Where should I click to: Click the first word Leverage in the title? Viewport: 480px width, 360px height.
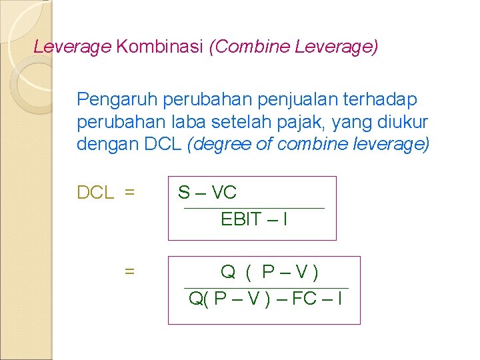[72, 47]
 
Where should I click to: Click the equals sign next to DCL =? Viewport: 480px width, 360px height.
[129, 193]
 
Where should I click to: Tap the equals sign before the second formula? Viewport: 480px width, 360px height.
[129, 271]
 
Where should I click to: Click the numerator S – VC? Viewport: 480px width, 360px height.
[207, 193]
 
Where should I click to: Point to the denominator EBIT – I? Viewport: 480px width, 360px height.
[253, 219]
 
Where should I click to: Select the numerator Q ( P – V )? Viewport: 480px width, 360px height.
[269, 272]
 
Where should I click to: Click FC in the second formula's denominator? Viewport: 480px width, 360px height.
[304, 298]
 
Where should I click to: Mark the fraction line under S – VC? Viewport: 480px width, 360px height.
[253, 208]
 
